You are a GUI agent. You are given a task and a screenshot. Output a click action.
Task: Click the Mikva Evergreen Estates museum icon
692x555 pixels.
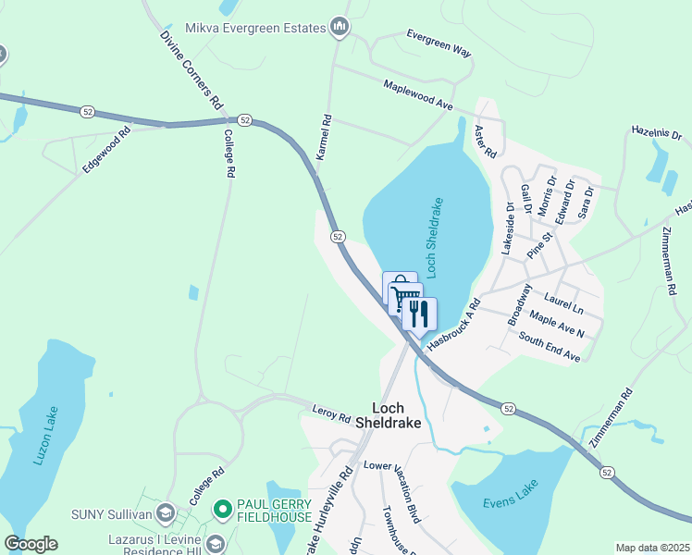[x=340, y=27]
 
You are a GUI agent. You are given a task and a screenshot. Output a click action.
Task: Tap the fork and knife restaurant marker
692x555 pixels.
[x=419, y=314]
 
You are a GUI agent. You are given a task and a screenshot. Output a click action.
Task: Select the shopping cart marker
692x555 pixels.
[x=404, y=298]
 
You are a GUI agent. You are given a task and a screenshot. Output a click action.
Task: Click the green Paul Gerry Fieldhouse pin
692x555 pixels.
[x=222, y=509]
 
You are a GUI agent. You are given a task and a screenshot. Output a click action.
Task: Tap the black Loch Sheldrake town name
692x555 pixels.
[x=396, y=414]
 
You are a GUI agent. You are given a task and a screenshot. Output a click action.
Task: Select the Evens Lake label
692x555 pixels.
[x=509, y=503]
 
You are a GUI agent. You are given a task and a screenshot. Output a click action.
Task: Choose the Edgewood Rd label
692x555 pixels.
[x=106, y=147]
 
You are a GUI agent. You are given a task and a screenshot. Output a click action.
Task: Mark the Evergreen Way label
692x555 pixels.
[x=439, y=43]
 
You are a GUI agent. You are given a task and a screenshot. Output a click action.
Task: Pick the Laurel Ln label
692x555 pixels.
[x=564, y=302]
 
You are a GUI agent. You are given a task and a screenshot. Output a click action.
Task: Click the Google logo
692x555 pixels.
[x=31, y=544]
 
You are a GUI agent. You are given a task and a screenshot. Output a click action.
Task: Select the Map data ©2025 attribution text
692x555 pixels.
[x=652, y=548]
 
